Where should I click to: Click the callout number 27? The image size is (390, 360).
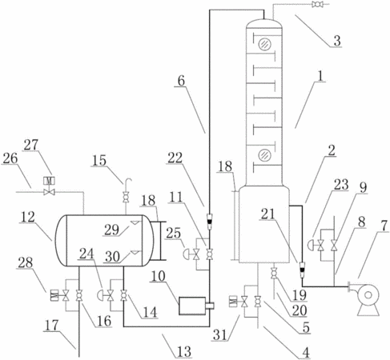point(31,145)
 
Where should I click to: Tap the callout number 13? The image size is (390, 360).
point(184,351)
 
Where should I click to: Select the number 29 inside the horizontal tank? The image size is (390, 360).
point(111,230)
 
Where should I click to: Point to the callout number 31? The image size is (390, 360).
point(220,334)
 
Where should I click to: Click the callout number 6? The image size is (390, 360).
point(181,81)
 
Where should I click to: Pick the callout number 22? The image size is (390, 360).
point(175,158)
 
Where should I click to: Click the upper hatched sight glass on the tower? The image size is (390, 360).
point(265,44)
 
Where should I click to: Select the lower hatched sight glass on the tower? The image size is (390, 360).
point(265,155)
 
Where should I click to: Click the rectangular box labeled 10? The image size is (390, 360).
point(192,306)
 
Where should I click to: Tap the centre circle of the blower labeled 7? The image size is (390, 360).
point(368,294)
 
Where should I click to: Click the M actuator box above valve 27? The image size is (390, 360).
point(50,181)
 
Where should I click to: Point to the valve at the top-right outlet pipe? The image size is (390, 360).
point(318,4)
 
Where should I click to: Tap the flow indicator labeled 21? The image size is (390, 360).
point(303,270)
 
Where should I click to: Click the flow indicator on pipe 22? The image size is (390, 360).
point(210,222)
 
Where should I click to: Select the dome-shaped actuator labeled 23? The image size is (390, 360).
point(312,245)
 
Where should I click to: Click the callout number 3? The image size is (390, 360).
point(337,41)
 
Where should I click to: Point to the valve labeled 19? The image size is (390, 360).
point(274,274)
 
